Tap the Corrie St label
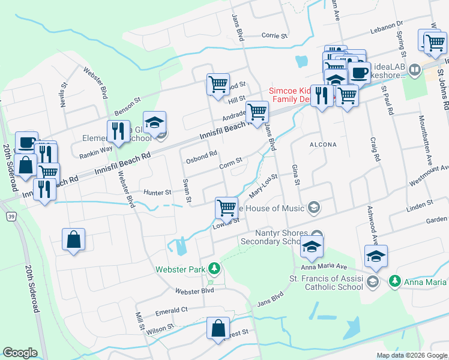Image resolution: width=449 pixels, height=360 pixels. [x=274, y=36]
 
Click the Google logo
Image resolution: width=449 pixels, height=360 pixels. [x=20, y=353]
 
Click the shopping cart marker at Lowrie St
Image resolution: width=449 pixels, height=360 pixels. [x=226, y=208]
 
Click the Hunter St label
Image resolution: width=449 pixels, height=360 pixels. [x=157, y=193]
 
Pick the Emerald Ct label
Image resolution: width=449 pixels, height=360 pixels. [x=172, y=310]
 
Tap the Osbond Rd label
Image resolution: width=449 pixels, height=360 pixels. [x=201, y=154]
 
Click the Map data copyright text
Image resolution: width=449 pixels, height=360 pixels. [x=412, y=355]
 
